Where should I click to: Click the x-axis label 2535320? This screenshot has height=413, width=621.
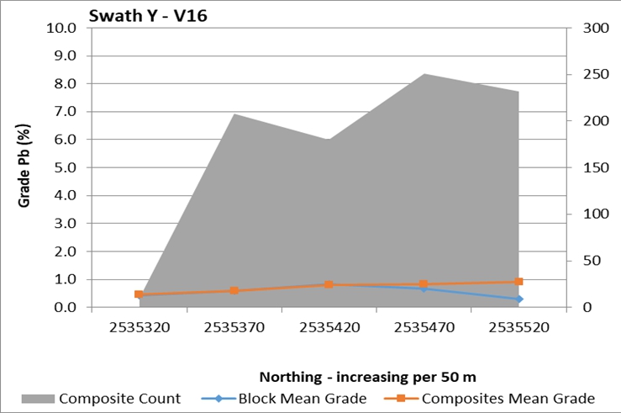pyautogui.click(x=139, y=329)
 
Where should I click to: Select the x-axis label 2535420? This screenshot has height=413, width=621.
pyautogui.click(x=329, y=329)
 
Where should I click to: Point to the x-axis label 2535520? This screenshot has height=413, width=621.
pyautogui.click(x=518, y=329)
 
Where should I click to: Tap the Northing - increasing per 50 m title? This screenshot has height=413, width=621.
pyautogui.click(x=367, y=376)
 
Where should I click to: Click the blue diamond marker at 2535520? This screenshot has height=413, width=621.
pyautogui.click(x=518, y=299)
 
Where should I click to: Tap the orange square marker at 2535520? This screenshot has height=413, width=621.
pyautogui.click(x=518, y=282)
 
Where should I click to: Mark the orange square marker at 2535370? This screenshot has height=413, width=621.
pyautogui.click(x=234, y=291)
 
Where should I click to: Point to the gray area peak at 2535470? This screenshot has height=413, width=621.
pyautogui.click(x=424, y=74)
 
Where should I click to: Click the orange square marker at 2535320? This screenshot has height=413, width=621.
pyautogui.click(x=139, y=294)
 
